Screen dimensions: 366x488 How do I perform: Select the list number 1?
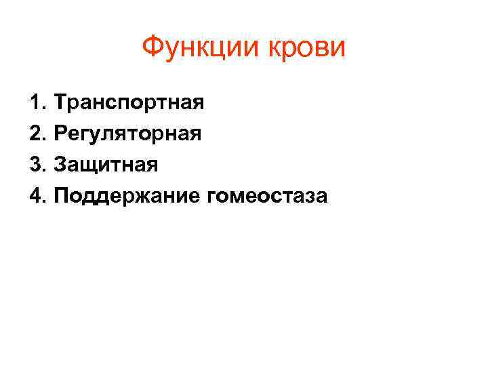pos(35,103)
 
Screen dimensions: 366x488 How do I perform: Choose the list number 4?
pos(35,197)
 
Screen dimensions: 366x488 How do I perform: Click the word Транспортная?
pos(129,103)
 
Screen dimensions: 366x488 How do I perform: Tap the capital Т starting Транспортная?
pos(61,103)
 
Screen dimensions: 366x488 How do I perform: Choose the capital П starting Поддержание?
pos(62,197)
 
